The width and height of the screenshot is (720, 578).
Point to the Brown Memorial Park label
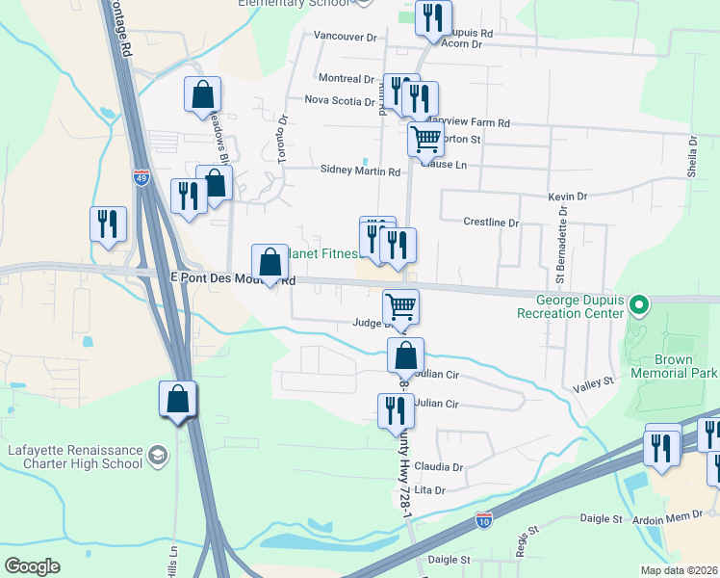pyautogui.click(x=675, y=366)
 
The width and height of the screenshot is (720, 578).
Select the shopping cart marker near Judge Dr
pyautogui.click(x=400, y=307)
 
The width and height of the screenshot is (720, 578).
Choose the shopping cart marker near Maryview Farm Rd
pyautogui.click(x=424, y=140)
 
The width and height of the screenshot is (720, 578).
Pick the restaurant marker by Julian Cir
pyautogui.click(x=396, y=409)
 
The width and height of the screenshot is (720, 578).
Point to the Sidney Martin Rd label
pyautogui.click(x=360, y=171)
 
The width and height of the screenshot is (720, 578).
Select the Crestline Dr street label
pyautogui.click(x=491, y=223)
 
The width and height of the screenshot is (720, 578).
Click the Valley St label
pyautogui.click(x=594, y=382)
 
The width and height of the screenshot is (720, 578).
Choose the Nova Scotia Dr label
pyautogui.click(x=338, y=99)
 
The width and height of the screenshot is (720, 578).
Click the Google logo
pyautogui.click(x=33, y=566)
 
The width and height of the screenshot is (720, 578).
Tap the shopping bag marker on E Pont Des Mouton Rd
pyautogui.click(x=270, y=262)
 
